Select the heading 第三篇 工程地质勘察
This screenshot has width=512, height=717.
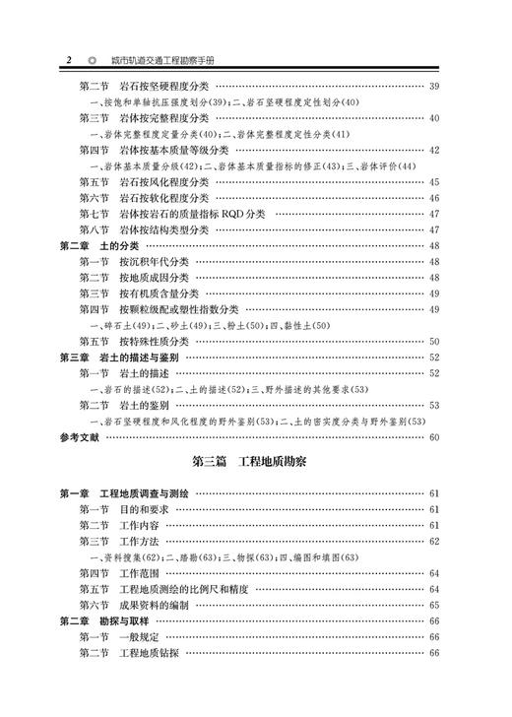pyautogui.click(x=250, y=459)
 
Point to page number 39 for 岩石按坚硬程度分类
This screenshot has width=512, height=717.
pyautogui.click(x=432, y=87)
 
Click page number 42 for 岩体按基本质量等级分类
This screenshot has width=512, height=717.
pyautogui.click(x=432, y=150)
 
